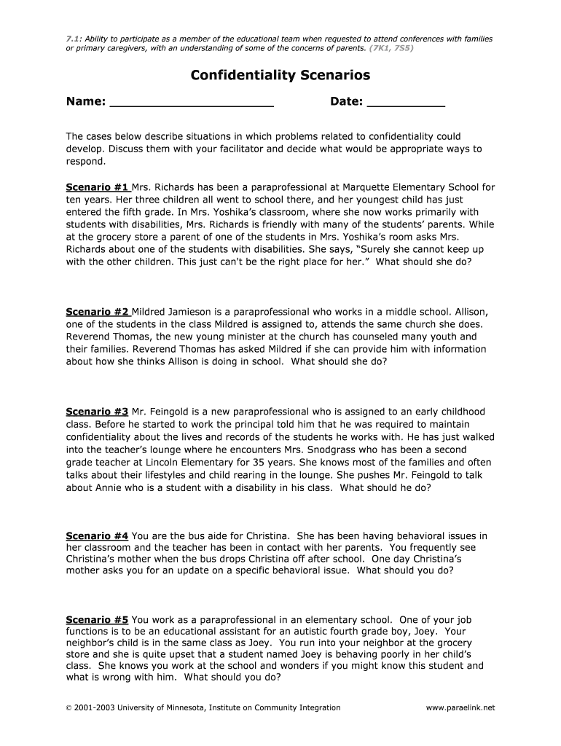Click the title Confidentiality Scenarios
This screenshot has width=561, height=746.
(x=280, y=75)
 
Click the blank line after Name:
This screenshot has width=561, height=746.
(x=192, y=103)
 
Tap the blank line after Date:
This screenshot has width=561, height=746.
(x=406, y=103)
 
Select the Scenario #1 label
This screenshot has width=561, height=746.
(x=98, y=187)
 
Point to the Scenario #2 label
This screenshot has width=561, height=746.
(x=98, y=312)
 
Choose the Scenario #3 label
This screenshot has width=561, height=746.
(x=98, y=412)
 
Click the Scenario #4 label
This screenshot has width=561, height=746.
(x=98, y=536)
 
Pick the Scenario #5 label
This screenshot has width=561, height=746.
(x=98, y=620)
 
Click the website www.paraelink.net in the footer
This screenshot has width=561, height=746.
(x=460, y=707)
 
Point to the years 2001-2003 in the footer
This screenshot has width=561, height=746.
(x=94, y=707)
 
